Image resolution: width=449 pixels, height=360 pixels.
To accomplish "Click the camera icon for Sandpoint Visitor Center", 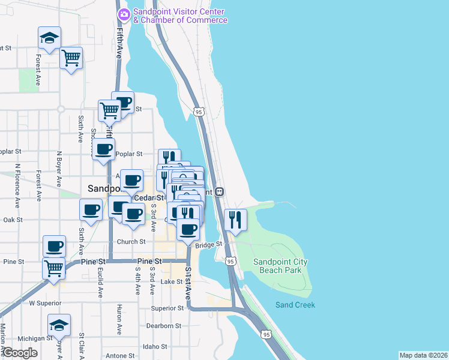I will coord(124,14).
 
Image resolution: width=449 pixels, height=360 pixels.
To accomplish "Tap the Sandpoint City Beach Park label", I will coord(280,266).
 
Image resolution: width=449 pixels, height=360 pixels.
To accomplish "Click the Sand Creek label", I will coord(295,305).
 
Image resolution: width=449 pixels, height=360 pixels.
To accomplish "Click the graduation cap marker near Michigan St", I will coord(59,325).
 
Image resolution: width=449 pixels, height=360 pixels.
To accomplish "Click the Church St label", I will coord(131,242).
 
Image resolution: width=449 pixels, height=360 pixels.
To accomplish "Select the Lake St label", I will coord(171,281).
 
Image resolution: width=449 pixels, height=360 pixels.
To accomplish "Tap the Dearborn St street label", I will coord(164,326).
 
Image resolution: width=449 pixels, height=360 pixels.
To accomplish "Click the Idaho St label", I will coord(154,347).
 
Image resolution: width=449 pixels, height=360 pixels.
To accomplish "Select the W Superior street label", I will coord(45,303).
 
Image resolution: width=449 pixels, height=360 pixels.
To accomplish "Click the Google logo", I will coord(20,353).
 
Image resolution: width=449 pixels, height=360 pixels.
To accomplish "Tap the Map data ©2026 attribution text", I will coord(423,355).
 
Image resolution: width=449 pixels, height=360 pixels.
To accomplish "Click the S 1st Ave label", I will coord(188,284).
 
